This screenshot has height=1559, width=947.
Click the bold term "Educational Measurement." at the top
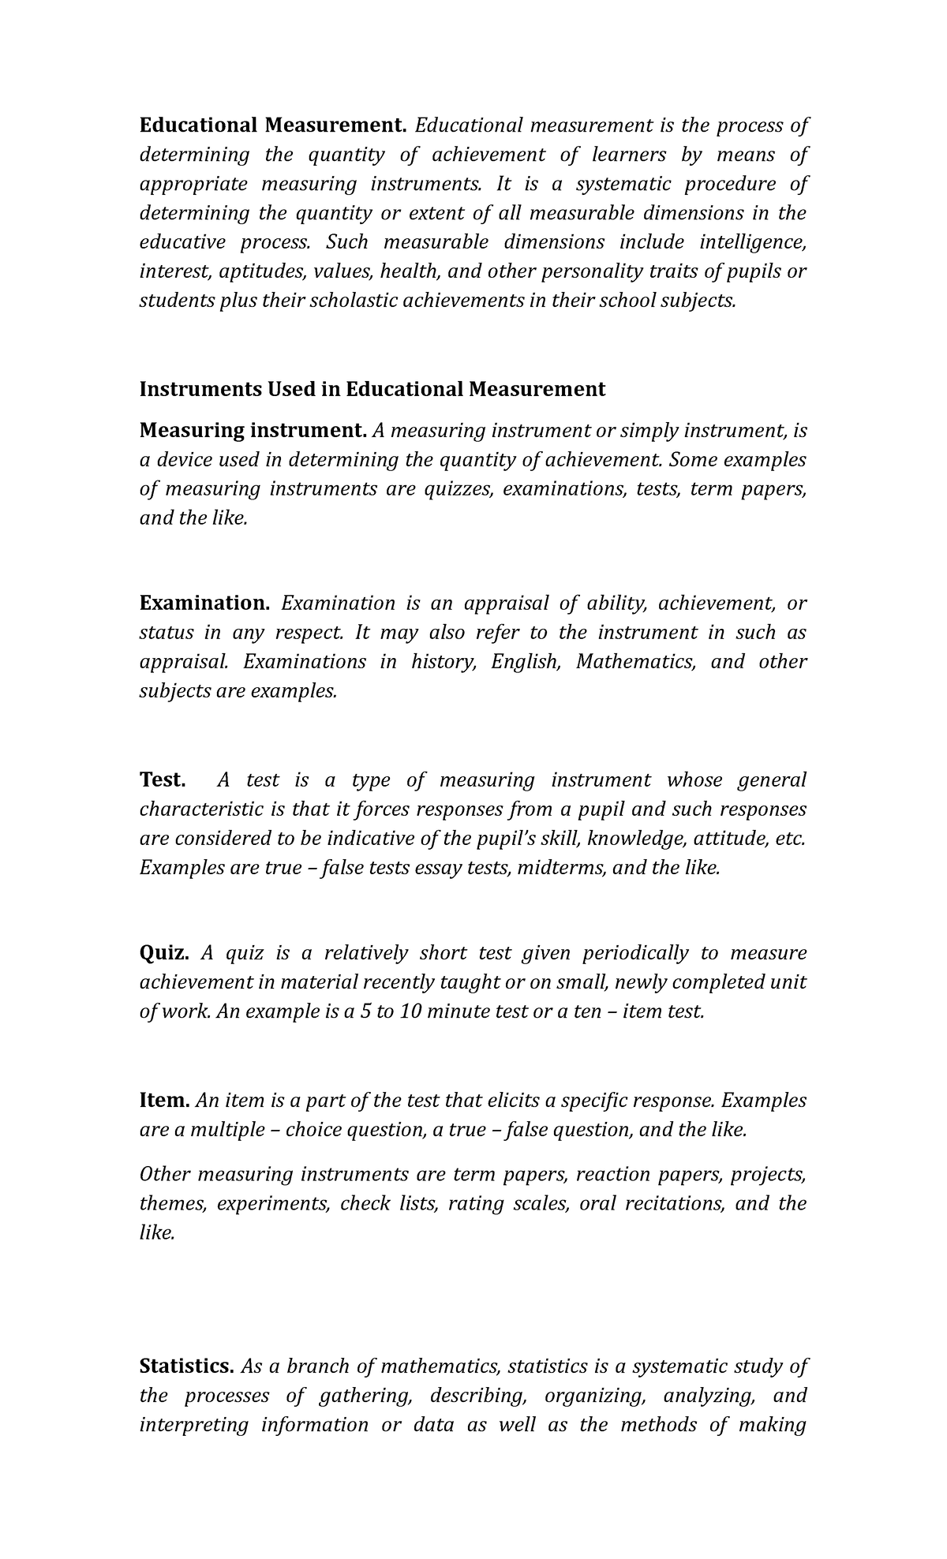tap(272, 126)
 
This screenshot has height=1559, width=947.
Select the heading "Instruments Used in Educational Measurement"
tap(372, 389)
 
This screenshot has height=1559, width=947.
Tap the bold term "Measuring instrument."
tap(253, 431)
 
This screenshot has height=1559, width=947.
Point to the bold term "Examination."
tap(204, 604)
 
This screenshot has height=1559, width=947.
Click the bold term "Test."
tap(163, 780)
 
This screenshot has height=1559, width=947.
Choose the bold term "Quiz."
tap(164, 953)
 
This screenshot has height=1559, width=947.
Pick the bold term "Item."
tap(164, 1101)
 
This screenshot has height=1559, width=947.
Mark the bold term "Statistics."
tap(186, 1366)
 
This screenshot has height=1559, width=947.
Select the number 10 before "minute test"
tap(411, 1011)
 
